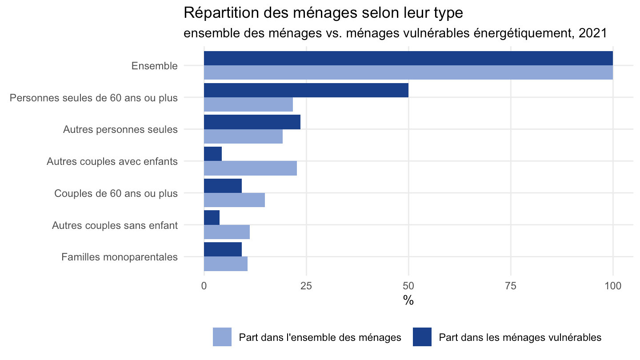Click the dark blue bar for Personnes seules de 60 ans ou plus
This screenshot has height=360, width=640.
point(306,90)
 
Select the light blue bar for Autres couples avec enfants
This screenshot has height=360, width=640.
point(250,168)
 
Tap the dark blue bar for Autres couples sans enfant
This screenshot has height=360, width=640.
point(212,218)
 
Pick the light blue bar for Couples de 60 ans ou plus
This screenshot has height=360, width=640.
point(234,200)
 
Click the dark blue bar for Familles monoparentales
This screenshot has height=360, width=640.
point(223,249)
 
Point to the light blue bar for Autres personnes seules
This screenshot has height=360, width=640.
point(243,136)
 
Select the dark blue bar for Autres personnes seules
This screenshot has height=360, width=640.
point(252,122)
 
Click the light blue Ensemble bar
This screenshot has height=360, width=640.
point(408,72)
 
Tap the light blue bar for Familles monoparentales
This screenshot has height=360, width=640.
point(226,264)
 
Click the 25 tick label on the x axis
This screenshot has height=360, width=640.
point(306,286)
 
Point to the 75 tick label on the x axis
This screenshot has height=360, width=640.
point(511,286)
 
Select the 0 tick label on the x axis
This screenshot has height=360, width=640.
point(204,286)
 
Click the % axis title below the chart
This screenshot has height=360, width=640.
point(408,300)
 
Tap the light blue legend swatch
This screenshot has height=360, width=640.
point(222,337)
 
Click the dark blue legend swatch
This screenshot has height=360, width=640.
point(422,337)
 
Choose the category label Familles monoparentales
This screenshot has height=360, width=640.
point(120,257)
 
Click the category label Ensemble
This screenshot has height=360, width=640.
point(155,66)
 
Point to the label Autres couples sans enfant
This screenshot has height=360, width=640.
point(115,225)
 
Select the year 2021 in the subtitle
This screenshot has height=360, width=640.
point(592,33)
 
